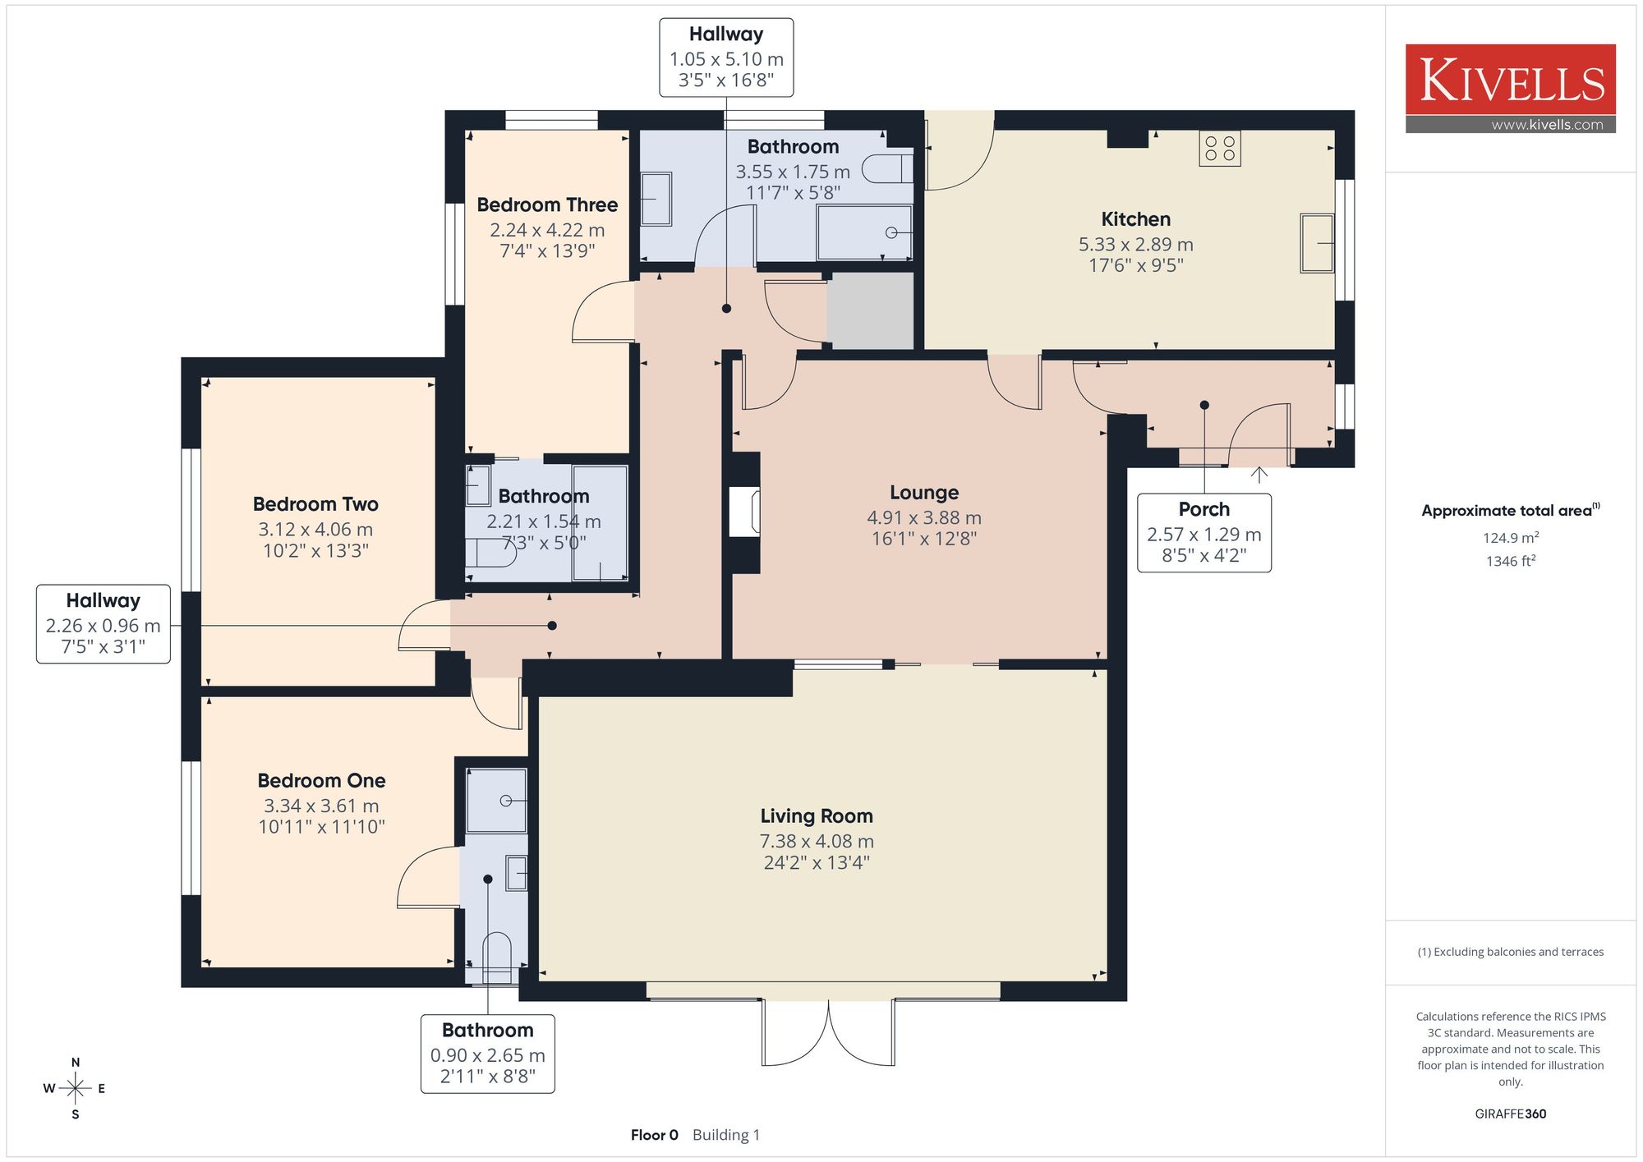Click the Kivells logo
click(x=1510, y=89)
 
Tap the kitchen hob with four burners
click(x=1219, y=149)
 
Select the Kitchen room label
click(x=1135, y=219)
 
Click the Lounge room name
click(x=924, y=493)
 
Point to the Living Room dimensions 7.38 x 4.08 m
click(x=817, y=842)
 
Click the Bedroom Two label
click(x=315, y=504)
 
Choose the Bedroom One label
click(x=321, y=781)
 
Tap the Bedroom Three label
click(x=547, y=204)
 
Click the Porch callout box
click(x=1204, y=532)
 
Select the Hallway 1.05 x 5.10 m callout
click(x=726, y=57)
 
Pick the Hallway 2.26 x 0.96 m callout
click(x=104, y=624)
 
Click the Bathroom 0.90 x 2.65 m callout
click(x=488, y=1054)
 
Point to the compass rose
click(x=76, y=1089)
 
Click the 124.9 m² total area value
click(x=1511, y=538)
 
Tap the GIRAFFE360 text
click(x=1511, y=1114)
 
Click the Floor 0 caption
click(x=655, y=1135)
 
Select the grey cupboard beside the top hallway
click(x=870, y=310)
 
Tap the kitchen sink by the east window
click(x=1317, y=243)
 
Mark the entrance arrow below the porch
click(x=1259, y=474)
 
